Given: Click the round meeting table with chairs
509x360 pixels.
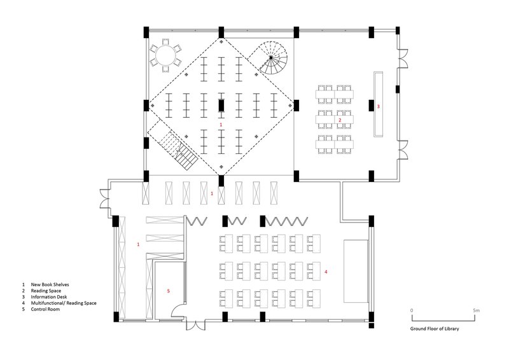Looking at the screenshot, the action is (x=165, y=55).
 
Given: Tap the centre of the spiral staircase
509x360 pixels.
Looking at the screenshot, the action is (x=271, y=57).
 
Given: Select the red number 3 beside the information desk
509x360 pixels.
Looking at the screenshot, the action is (x=378, y=106).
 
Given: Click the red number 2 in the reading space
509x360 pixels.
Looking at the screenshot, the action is (x=340, y=120).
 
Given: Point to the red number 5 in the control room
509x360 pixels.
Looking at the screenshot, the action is (x=168, y=291).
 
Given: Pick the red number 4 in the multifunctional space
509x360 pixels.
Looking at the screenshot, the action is (x=326, y=272).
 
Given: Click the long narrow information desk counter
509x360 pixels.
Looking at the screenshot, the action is (x=378, y=104).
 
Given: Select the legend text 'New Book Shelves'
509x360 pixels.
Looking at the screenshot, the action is (x=50, y=284).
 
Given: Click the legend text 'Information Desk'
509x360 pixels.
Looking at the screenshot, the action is (x=49, y=296).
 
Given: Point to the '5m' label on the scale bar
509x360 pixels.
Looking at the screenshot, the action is (x=476, y=310).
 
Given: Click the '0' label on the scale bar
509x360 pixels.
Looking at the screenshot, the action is (x=412, y=310).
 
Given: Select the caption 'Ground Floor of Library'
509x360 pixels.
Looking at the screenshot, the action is (x=435, y=328).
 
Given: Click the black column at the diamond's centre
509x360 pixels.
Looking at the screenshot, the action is (x=221, y=106).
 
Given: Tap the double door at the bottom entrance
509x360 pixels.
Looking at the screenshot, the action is (x=195, y=326).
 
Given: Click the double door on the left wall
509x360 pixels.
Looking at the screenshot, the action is (x=105, y=198).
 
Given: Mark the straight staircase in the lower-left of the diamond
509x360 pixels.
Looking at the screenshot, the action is (x=178, y=150).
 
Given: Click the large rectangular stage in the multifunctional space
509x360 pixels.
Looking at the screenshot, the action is (x=356, y=272).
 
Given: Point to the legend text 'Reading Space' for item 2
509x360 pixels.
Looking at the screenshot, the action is (x=46, y=291).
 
